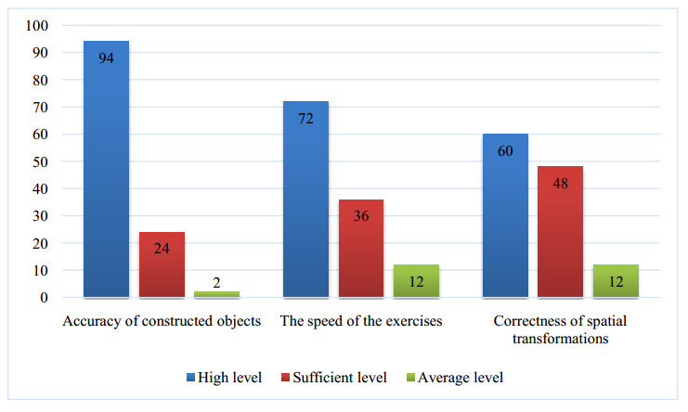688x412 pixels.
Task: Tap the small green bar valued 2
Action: (x=216, y=294)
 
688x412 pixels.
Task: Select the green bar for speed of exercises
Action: (x=415, y=281)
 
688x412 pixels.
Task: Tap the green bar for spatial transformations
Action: (x=616, y=281)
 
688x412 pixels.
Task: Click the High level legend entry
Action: (x=224, y=378)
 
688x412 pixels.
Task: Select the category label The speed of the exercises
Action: (x=361, y=322)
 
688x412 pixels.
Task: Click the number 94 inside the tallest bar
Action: (x=106, y=58)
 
